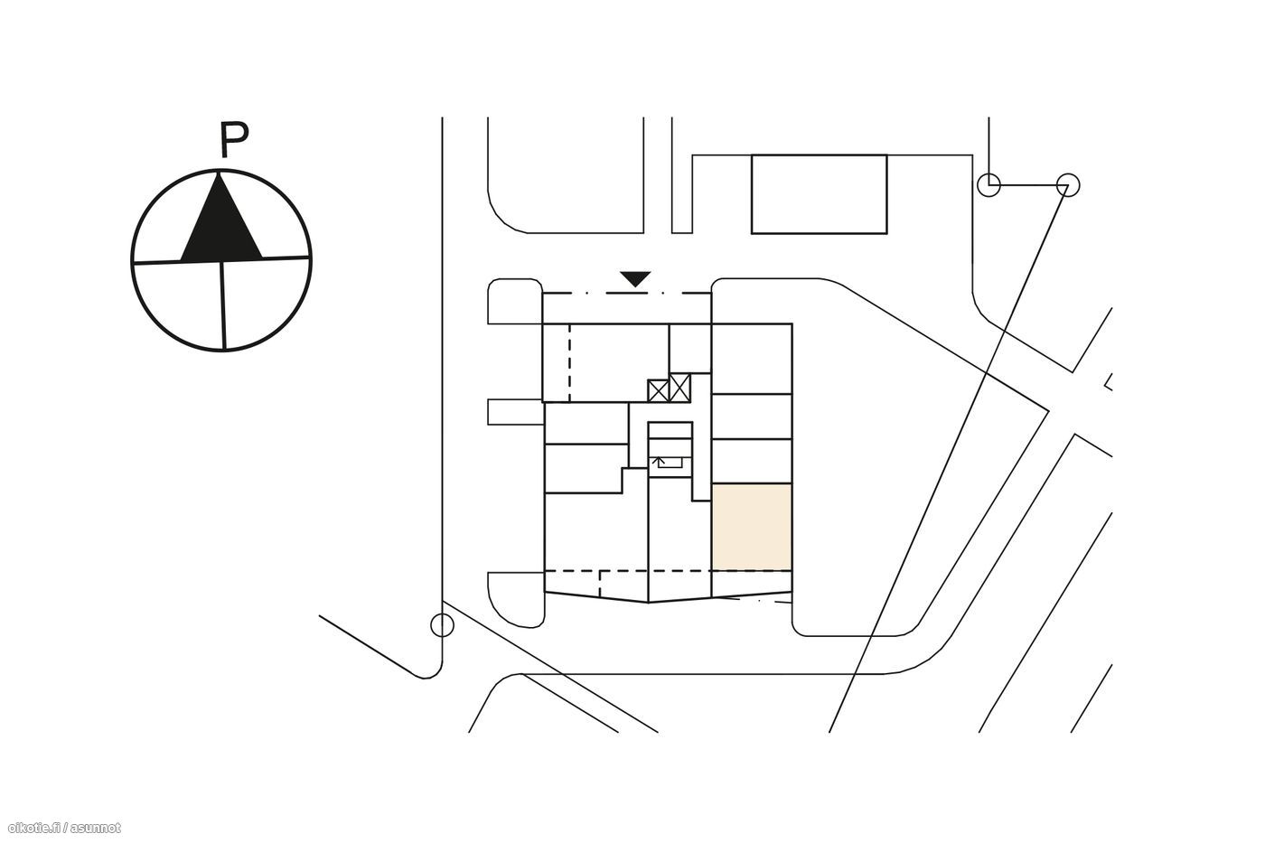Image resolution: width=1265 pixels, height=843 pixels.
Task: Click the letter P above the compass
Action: pyautogui.click(x=234, y=139)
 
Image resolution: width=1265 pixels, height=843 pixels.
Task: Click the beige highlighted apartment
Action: pyautogui.click(x=752, y=527)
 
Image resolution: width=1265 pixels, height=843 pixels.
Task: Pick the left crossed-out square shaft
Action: pyautogui.click(x=658, y=390)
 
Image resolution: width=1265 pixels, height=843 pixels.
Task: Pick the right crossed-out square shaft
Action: pyautogui.click(x=679, y=388)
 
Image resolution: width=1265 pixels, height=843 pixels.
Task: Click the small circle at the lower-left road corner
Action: pyautogui.click(x=442, y=625)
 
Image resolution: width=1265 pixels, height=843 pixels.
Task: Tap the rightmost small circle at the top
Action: pyautogui.click(x=1067, y=184)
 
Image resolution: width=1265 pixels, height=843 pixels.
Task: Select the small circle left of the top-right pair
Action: pyautogui.click(x=989, y=184)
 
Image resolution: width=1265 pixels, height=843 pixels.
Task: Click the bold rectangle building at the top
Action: pyautogui.click(x=819, y=194)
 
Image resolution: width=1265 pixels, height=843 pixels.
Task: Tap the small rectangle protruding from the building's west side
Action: pyautogui.click(x=516, y=412)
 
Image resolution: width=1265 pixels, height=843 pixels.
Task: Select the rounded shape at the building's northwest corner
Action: pyautogui.click(x=515, y=301)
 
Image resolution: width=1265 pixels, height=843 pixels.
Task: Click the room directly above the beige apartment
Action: pyautogui.click(x=752, y=461)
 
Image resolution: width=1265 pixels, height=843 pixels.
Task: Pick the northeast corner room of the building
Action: pyautogui.click(x=752, y=359)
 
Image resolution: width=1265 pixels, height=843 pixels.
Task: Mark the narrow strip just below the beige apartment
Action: pyautogui.click(x=752, y=582)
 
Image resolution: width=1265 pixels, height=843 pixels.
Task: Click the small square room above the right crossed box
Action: pyautogui.click(x=690, y=349)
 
